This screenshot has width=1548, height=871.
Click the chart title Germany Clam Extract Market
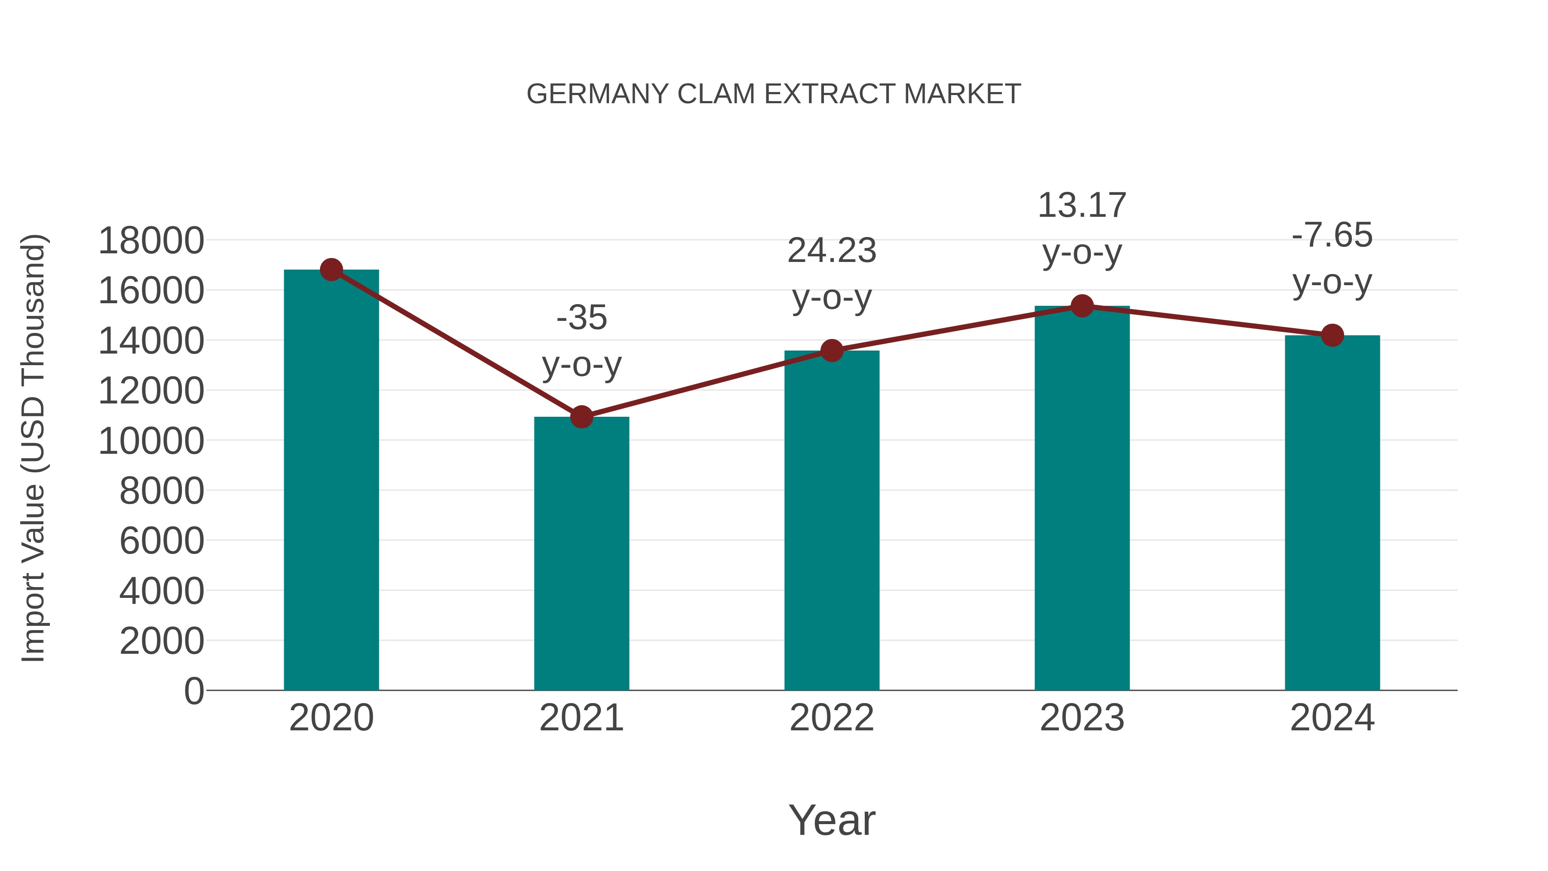[x=774, y=94]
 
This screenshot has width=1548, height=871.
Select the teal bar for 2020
[x=331, y=481]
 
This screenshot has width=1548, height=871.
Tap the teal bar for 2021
[x=581, y=553]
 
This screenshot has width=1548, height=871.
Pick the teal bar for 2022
[x=832, y=520]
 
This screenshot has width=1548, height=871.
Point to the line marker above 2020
[x=331, y=270]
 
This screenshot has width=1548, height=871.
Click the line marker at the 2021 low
[x=581, y=416]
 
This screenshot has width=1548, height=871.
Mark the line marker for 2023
[x=1082, y=306]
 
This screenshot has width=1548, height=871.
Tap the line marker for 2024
[x=1332, y=335]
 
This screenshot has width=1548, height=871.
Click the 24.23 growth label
[x=832, y=251]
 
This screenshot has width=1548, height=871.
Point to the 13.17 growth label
[x=1082, y=206]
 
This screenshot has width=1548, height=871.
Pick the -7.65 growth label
[x=1332, y=235]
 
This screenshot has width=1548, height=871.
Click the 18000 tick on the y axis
[x=151, y=241]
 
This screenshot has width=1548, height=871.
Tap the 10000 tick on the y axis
[x=151, y=441]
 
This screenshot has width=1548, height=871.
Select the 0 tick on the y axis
[x=194, y=691]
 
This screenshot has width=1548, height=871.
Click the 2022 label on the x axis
[x=832, y=718]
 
